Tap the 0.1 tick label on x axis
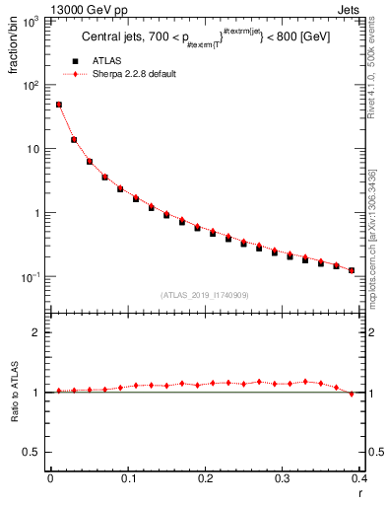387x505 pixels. click(x=128, y=478)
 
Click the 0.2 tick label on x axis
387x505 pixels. click(x=205, y=478)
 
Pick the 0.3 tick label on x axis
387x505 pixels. click(x=283, y=478)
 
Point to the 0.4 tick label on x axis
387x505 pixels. click(x=359, y=478)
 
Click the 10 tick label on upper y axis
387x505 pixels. click(x=32, y=149)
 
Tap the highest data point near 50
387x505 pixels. click(x=58, y=105)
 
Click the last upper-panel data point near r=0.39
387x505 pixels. click(x=352, y=270)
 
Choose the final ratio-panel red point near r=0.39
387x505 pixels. click(x=352, y=394)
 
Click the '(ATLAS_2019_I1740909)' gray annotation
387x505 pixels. click(x=205, y=295)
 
